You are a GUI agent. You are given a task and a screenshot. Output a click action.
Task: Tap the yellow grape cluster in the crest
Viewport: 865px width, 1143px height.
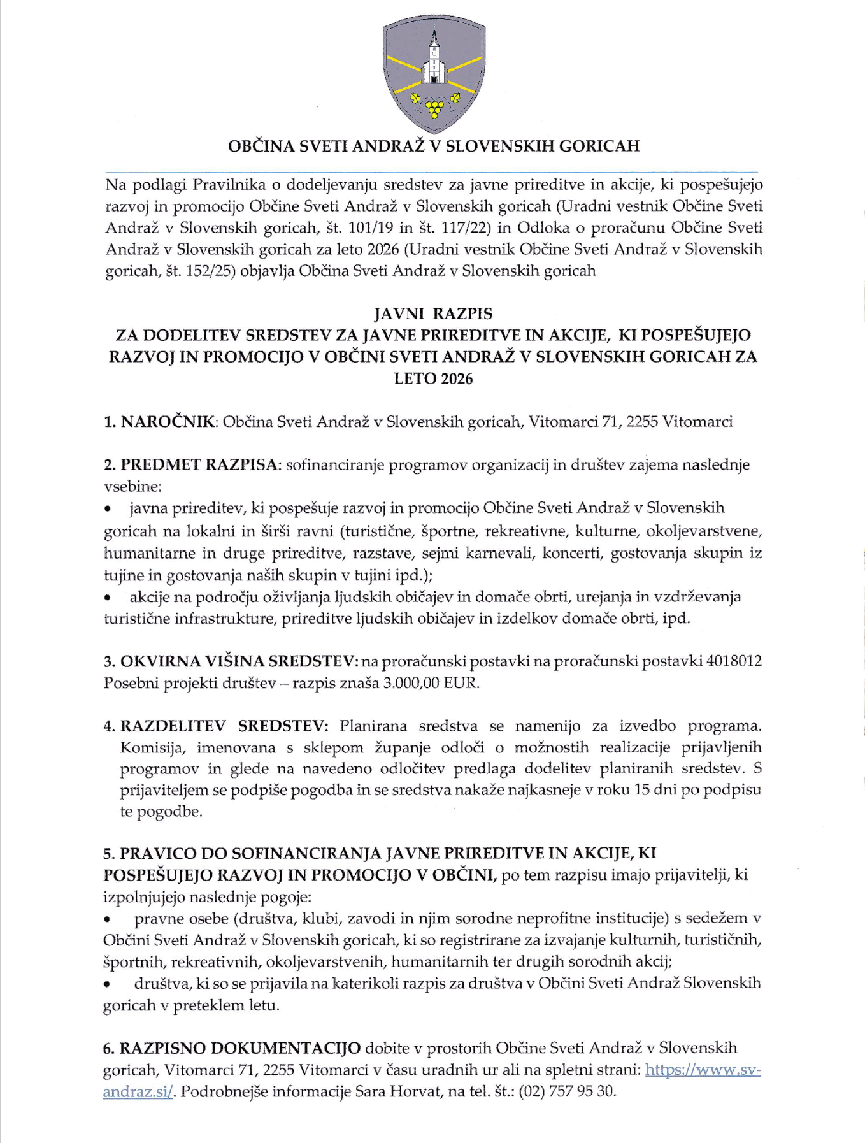[x=435, y=109]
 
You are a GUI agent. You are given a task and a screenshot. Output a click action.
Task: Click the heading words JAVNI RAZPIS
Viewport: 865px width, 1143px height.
[x=433, y=313]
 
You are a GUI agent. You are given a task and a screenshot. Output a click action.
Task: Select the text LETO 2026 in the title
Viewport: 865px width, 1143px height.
[x=433, y=378]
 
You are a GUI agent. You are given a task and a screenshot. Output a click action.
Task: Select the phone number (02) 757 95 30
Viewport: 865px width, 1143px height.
[x=568, y=1091]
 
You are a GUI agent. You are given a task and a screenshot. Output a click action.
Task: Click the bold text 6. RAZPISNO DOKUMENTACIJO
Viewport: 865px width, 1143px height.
[x=232, y=1048]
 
